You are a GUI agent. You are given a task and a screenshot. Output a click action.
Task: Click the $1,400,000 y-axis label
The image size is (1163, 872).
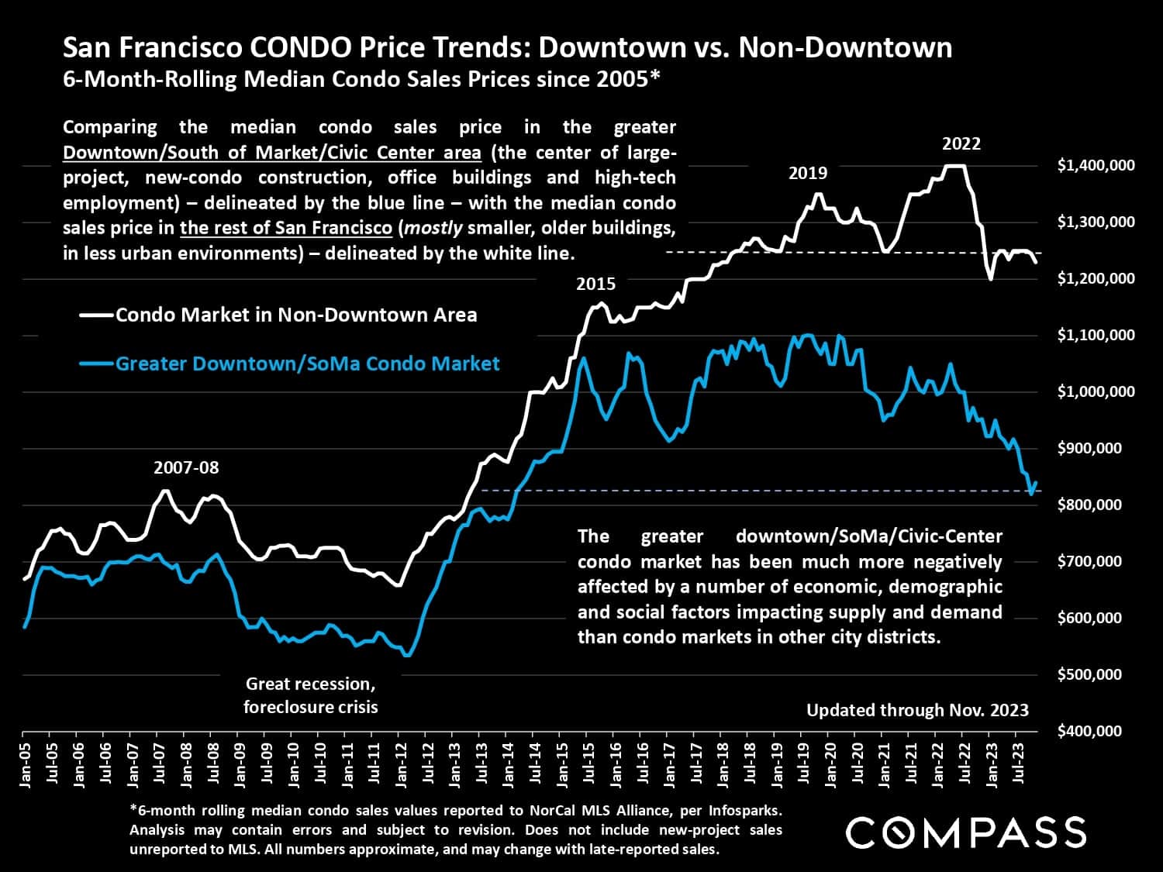[1096, 165]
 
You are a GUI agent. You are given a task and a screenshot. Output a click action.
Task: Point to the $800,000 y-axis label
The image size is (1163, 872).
[1089, 505]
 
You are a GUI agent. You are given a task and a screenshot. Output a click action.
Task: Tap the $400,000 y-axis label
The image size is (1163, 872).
[1089, 731]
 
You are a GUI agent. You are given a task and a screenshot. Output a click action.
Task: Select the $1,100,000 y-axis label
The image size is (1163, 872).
[1096, 335]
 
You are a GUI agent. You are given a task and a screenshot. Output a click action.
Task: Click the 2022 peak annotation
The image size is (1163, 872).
[961, 144]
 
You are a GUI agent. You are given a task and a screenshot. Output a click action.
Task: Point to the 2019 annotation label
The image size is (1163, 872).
[808, 174]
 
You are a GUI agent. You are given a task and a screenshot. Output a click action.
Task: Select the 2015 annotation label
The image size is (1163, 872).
[595, 284]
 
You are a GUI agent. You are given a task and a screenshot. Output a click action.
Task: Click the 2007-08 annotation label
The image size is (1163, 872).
[186, 468]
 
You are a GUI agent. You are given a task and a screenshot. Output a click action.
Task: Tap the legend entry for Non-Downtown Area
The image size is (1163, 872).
[296, 315]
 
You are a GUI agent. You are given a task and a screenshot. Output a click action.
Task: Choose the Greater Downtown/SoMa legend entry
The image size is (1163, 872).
[307, 364]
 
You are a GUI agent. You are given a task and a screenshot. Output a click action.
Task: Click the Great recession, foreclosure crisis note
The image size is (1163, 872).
[311, 695]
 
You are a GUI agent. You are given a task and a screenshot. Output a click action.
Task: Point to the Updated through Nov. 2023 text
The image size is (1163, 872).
[917, 710]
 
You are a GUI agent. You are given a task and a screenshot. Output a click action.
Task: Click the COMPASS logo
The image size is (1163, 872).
[965, 833]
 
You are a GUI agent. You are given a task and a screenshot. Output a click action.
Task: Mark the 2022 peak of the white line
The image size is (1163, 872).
[954, 166]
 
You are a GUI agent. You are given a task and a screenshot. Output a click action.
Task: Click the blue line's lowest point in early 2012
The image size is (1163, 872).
[407, 656]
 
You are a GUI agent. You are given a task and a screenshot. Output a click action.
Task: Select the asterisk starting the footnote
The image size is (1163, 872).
[133, 809]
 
